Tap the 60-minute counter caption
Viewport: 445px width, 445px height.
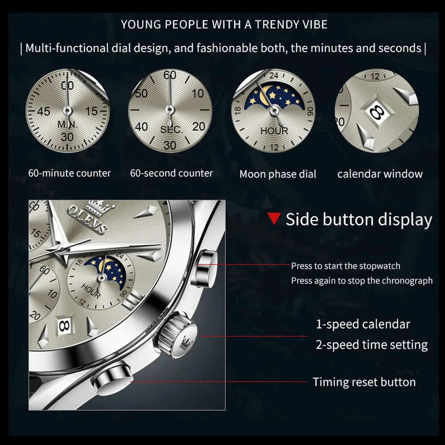pos(69,173)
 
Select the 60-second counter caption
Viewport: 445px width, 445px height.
pos(171,173)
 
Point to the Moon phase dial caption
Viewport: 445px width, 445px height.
pos(278,174)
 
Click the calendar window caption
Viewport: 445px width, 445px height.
pos(380,174)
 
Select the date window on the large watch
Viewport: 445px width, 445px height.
pos(64,326)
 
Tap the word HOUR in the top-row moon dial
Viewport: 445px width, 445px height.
pos(274,131)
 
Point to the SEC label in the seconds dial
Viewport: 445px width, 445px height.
pos(171,130)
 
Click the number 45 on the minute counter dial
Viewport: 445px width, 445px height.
pos(43,111)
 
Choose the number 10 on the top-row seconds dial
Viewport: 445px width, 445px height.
pos(198,93)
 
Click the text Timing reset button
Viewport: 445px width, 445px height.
pos(364,382)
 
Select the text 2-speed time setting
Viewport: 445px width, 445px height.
pos(372,345)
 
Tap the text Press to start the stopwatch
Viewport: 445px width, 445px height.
pos(345,266)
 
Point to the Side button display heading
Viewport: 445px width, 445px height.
pos(358,220)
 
